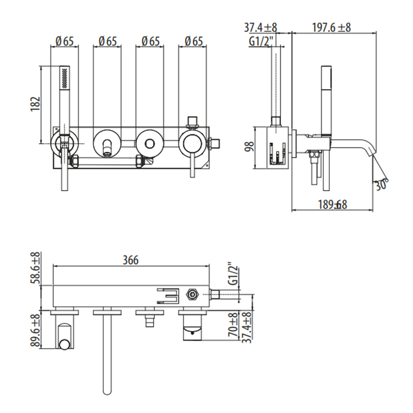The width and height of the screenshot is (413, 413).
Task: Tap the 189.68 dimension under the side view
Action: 332,205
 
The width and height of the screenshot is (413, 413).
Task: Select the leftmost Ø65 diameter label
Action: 64,41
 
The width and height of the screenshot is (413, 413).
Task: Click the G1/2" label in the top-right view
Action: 260,42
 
